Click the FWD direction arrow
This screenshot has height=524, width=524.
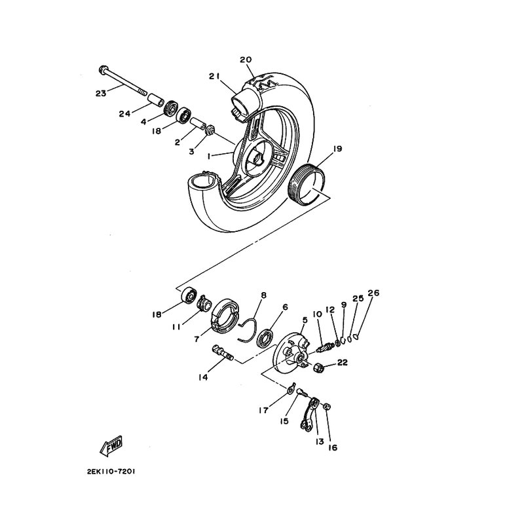tap(111, 446)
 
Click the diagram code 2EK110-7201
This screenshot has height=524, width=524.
tap(111, 472)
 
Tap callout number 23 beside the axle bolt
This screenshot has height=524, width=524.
tap(101, 93)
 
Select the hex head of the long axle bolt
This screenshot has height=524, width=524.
tap(103, 70)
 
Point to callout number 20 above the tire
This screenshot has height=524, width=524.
tap(246, 60)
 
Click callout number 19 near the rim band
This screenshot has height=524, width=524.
tap(337, 149)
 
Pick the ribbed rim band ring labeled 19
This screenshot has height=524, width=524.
tap(306, 185)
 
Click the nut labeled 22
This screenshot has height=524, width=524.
tap(319, 368)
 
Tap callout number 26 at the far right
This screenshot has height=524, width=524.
tap(373, 293)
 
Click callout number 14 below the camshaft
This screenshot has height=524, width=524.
tap(203, 377)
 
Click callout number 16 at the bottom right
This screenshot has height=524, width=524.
tap(333, 447)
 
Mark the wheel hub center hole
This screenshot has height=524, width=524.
tap(257, 159)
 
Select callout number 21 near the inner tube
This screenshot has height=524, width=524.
tap(214, 77)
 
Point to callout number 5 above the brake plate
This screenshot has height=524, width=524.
tap(305, 320)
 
